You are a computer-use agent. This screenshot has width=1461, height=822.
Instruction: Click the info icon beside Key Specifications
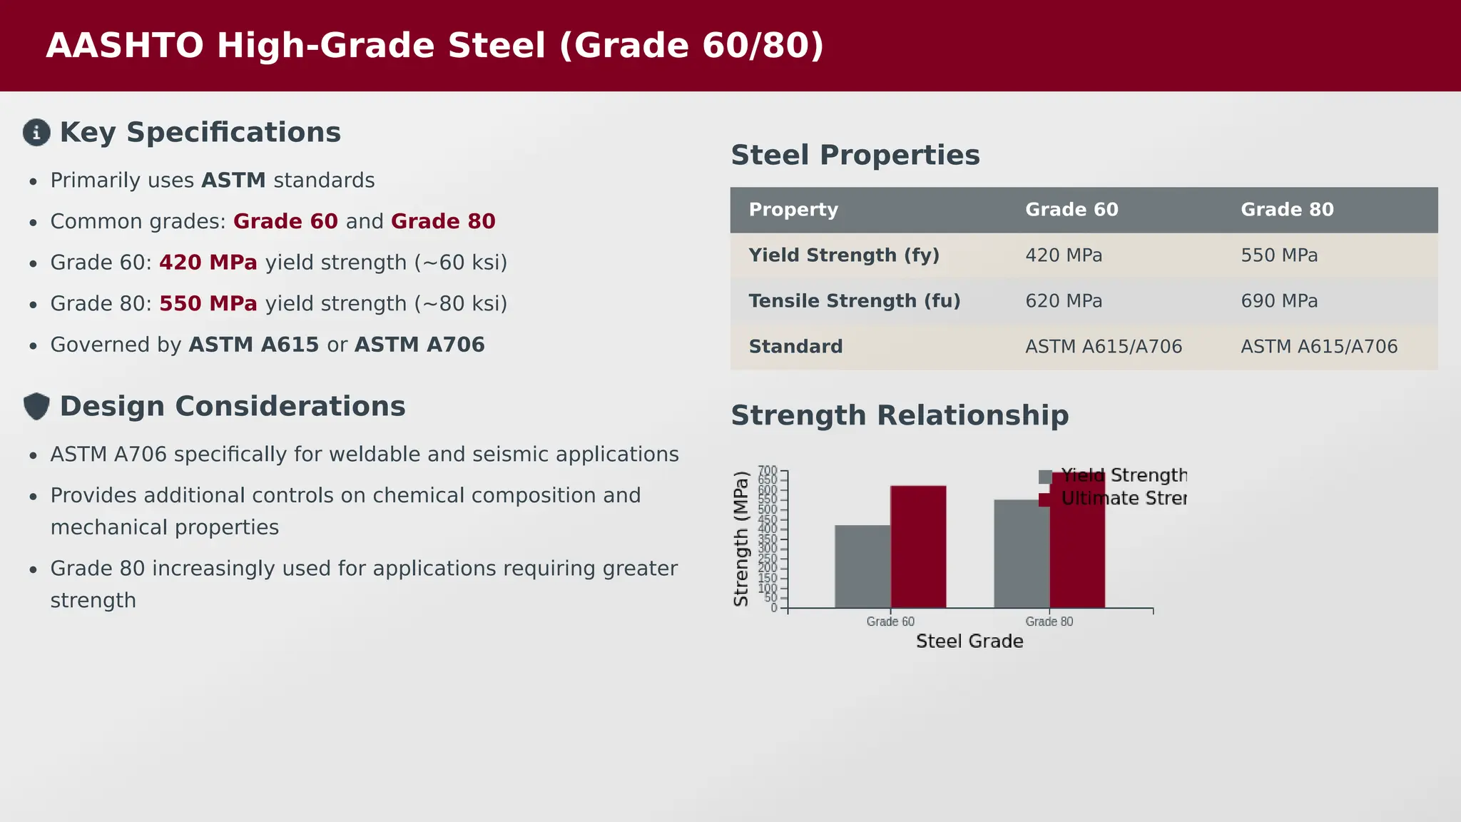click(x=36, y=133)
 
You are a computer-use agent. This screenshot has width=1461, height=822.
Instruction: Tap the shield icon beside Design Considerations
click(x=36, y=407)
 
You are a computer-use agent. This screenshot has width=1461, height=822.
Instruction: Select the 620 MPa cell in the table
click(x=1063, y=301)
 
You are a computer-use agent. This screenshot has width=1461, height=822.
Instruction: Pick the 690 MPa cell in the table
click(x=1278, y=301)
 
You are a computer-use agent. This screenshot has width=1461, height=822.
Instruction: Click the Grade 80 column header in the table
click(x=1286, y=210)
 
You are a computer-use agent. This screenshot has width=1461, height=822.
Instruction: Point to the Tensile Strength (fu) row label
click(x=854, y=301)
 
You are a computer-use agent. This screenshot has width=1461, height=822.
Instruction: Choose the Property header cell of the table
click(x=793, y=210)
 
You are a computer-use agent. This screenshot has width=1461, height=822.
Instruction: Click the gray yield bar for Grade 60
click(x=862, y=567)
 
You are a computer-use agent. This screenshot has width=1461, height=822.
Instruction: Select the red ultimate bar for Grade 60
click(x=918, y=547)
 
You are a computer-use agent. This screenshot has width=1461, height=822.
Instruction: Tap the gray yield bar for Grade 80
click(x=1021, y=554)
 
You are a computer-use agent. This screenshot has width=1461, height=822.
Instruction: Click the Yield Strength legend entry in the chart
click(x=1122, y=476)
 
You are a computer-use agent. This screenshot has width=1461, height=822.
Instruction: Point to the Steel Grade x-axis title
click(x=969, y=641)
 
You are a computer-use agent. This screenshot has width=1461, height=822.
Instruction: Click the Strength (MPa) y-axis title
click(x=741, y=539)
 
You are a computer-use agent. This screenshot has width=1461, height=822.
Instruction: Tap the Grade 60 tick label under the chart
click(x=890, y=621)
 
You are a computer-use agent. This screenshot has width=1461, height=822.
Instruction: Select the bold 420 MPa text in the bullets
click(x=208, y=263)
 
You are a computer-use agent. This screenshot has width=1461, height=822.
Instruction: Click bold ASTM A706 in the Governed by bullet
click(x=419, y=345)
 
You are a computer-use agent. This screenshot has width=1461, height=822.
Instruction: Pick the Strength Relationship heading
click(x=899, y=415)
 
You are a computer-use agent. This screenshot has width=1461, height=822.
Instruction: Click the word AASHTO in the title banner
click(x=125, y=46)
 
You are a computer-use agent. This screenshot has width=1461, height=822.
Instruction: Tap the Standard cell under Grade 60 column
click(x=1103, y=347)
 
